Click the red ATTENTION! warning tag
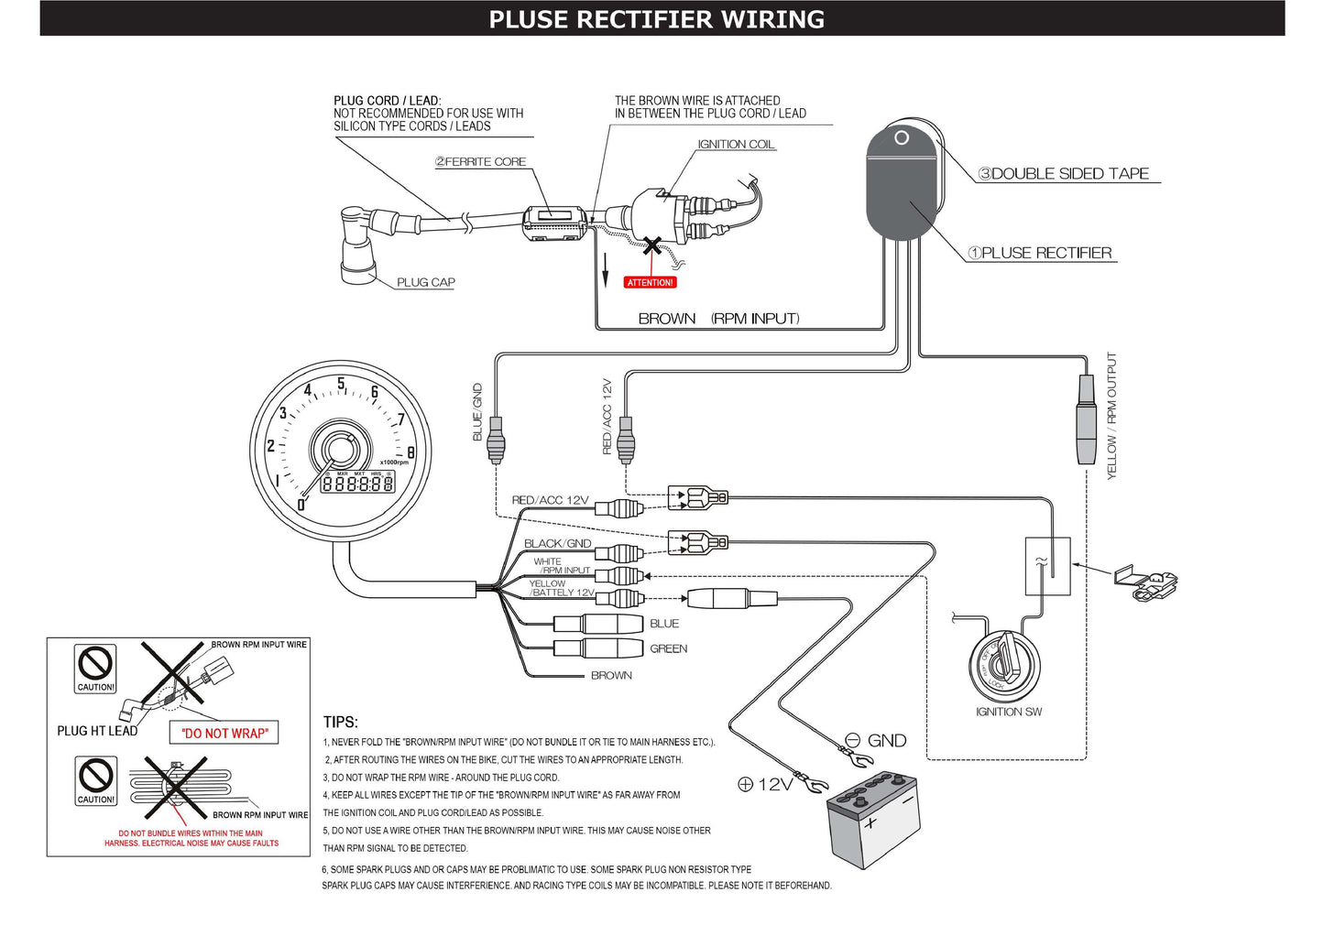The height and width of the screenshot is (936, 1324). [650, 282]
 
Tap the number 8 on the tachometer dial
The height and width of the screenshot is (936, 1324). [410, 452]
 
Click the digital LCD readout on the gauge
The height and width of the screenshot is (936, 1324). [357, 483]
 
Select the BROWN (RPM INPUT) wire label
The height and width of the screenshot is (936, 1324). [718, 319]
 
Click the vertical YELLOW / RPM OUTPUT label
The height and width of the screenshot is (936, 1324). [1111, 416]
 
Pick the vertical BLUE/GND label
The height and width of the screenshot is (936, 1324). [477, 412]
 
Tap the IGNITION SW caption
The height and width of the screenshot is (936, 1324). [1008, 712]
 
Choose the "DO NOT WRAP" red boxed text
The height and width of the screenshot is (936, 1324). [224, 733]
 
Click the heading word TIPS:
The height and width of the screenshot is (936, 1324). [341, 722]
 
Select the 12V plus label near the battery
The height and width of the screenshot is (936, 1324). [765, 784]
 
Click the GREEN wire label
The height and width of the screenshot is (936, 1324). [668, 648]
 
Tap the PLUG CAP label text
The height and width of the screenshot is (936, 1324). [425, 282]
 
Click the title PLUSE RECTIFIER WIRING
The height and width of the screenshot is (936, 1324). [656, 19]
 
